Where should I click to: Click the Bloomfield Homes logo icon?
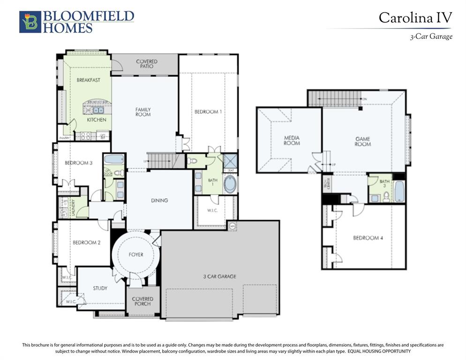point(30,22)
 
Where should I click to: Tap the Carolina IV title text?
point(415,18)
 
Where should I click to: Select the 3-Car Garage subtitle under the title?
point(431,37)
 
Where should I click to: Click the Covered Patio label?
point(147,64)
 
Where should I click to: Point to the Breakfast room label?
point(88,80)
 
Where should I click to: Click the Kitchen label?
point(97,120)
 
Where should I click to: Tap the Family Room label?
point(143,112)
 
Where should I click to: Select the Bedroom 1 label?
point(208,112)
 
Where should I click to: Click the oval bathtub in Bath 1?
point(230,184)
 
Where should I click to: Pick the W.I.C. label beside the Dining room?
point(212,210)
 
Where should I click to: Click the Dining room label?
point(159,201)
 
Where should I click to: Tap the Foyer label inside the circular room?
point(136,255)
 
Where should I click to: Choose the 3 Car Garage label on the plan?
point(219,277)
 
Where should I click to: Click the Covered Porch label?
point(143,301)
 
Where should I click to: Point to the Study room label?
point(100,288)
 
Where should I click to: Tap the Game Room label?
point(362,142)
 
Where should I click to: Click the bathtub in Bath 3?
point(398,192)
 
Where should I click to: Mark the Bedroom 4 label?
point(368,238)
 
